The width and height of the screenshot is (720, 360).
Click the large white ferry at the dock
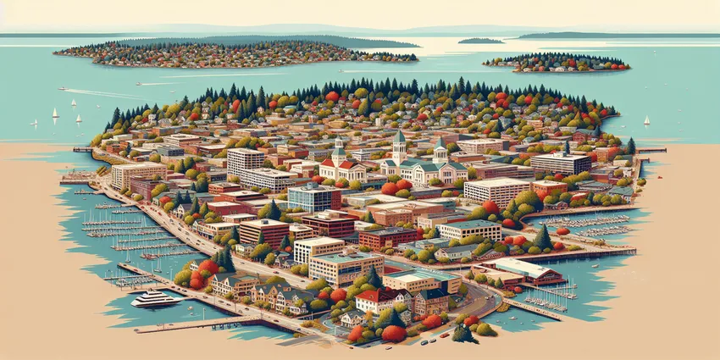(156, 297)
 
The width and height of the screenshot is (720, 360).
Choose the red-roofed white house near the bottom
(374, 298)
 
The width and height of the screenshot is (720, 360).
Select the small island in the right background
(556, 62)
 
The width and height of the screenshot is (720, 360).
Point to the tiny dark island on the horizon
(480, 41)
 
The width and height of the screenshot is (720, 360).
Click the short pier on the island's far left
(81, 149)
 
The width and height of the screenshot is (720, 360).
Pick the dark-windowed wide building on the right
(559, 163)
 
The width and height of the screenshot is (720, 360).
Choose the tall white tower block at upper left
(246, 160)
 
